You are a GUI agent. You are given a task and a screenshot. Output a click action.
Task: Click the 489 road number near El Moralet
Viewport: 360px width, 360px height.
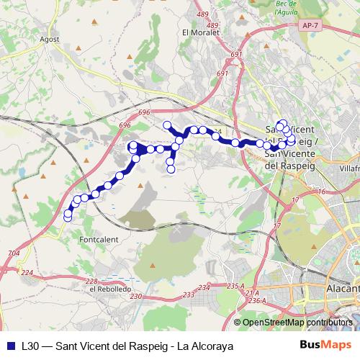(x=202, y=14)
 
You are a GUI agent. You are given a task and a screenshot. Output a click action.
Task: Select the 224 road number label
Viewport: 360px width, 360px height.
(x=27, y=272)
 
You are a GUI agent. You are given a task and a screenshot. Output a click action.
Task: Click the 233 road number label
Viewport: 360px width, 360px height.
(x=189, y=295)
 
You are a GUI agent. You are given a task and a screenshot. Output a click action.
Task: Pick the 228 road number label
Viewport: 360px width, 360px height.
(x=91, y=282)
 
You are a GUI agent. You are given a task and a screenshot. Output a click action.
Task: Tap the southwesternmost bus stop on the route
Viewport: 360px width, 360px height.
(x=68, y=216)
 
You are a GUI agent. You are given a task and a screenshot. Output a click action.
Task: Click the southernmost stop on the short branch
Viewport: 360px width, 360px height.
(x=171, y=170)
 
